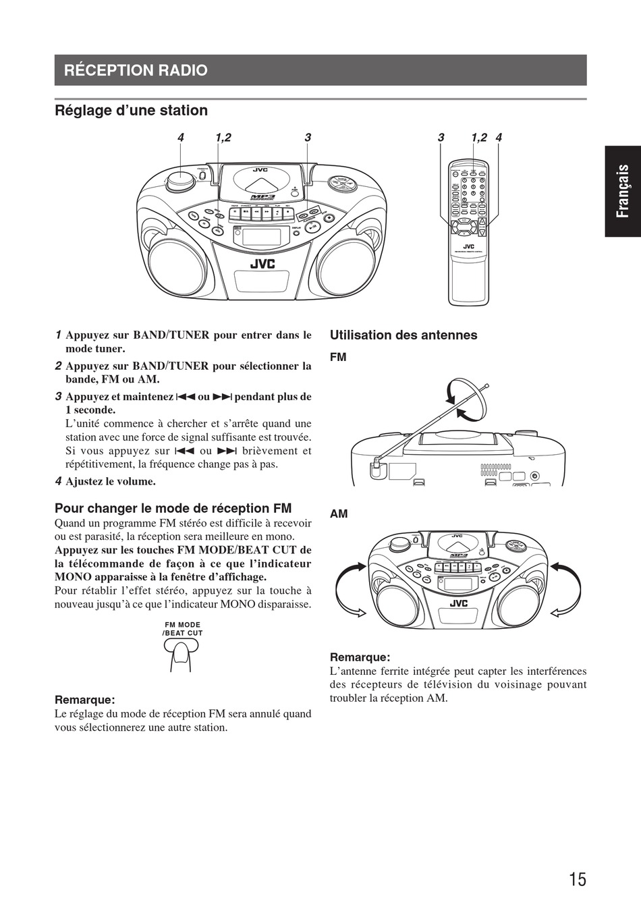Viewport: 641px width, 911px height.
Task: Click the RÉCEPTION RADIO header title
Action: coord(136,70)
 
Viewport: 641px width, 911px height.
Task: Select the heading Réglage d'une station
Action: coord(131,110)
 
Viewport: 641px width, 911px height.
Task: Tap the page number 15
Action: coord(577,879)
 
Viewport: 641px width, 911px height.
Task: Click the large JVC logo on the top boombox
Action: coord(262,264)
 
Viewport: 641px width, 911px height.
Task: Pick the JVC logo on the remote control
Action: coord(468,246)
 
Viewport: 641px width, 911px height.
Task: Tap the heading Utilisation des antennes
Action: coord(403,335)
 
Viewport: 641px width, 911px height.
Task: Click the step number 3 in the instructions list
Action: coord(59,397)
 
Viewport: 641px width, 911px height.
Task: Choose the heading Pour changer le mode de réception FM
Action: coord(173,508)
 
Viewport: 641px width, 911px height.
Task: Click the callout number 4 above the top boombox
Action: coord(181,138)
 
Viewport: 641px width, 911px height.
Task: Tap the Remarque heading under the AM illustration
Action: coord(360,657)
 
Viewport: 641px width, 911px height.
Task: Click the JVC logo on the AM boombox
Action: coord(459,603)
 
